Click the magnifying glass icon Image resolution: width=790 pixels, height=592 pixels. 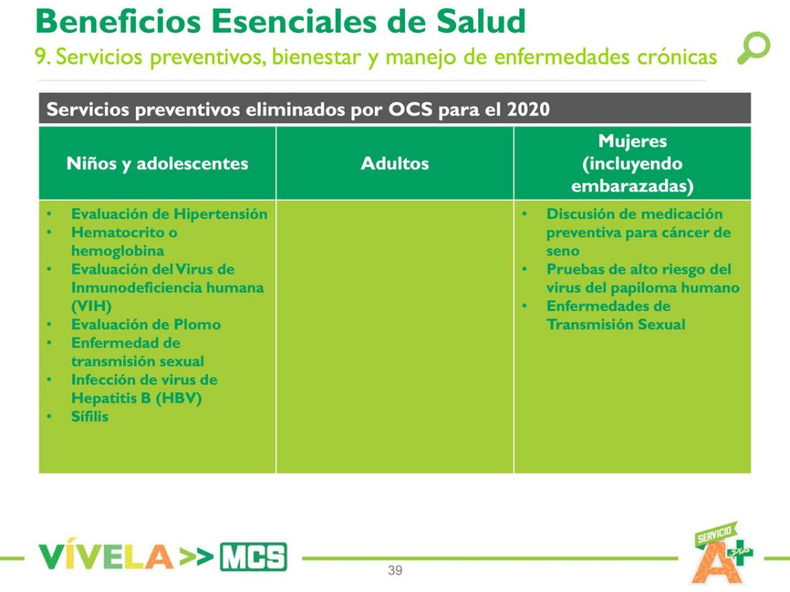[753, 47]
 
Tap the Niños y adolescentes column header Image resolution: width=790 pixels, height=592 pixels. [157, 163]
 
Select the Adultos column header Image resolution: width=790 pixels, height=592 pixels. [394, 163]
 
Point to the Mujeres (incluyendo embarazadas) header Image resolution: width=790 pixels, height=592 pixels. [632, 163]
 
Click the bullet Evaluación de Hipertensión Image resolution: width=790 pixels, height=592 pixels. [169, 214]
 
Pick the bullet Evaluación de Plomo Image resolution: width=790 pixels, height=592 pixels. [146, 325]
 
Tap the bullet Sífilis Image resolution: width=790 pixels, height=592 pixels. [89, 417]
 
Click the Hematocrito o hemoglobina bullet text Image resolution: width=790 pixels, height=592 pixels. [124, 241]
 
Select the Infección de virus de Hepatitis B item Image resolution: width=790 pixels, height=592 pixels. [143, 389]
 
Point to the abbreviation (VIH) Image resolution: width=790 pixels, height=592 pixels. [91, 306]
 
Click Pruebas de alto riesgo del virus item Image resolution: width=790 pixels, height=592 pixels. [643, 278]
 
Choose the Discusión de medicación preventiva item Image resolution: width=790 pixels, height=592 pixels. [638, 232]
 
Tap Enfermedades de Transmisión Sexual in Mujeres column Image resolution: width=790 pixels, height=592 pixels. [616, 315]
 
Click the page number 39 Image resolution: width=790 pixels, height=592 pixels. [395, 571]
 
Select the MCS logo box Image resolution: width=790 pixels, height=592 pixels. [253, 557]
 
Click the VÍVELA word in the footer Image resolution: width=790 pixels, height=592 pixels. [105, 557]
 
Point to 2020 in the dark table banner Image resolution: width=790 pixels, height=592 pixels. [528, 109]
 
